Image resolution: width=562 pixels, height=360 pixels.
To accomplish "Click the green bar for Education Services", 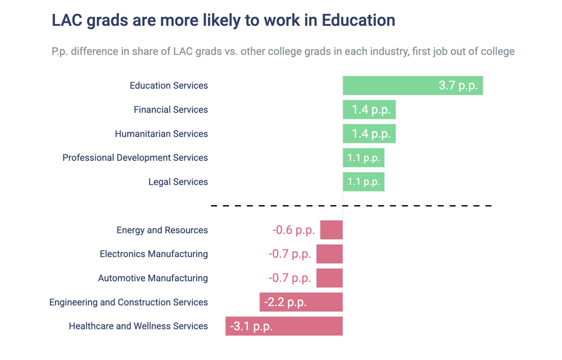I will pyautogui.click(x=413, y=86).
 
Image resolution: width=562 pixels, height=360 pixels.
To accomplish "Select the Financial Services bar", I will pyautogui.click(x=369, y=109).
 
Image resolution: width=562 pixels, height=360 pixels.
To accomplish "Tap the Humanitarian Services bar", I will pyautogui.click(x=369, y=133).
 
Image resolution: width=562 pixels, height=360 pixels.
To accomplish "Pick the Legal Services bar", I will pyautogui.click(x=364, y=182).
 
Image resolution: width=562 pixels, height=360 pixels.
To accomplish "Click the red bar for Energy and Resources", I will pyautogui.click(x=331, y=230).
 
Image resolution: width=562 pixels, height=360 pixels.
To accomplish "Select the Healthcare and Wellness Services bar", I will pyautogui.click(x=284, y=326).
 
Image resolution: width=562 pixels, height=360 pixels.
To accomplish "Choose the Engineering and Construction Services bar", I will pyautogui.click(x=301, y=302).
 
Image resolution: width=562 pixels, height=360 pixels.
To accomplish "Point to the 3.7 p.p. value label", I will pyautogui.click(x=458, y=86).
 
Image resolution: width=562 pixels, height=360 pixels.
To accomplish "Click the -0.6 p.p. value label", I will pyautogui.click(x=294, y=230).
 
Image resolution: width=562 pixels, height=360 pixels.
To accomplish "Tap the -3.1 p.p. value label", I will pyautogui.click(x=251, y=327).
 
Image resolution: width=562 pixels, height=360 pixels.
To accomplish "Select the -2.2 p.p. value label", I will pyautogui.click(x=285, y=302).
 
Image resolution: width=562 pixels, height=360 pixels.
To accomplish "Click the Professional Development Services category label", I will pyautogui.click(x=135, y=158).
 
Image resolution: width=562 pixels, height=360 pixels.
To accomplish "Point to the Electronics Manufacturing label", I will pyautogui.click(x=154, y=254).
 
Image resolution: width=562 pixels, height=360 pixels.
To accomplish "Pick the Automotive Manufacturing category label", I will pyautogui.click(x=153, y=278).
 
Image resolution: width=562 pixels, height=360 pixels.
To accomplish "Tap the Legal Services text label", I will pyautogui.click(x=178, y=182).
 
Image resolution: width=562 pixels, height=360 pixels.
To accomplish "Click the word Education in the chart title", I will pyautogui.click(x=358, y=20).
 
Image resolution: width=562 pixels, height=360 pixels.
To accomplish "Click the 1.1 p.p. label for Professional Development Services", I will pyautogui.click(x=364, y=158).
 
